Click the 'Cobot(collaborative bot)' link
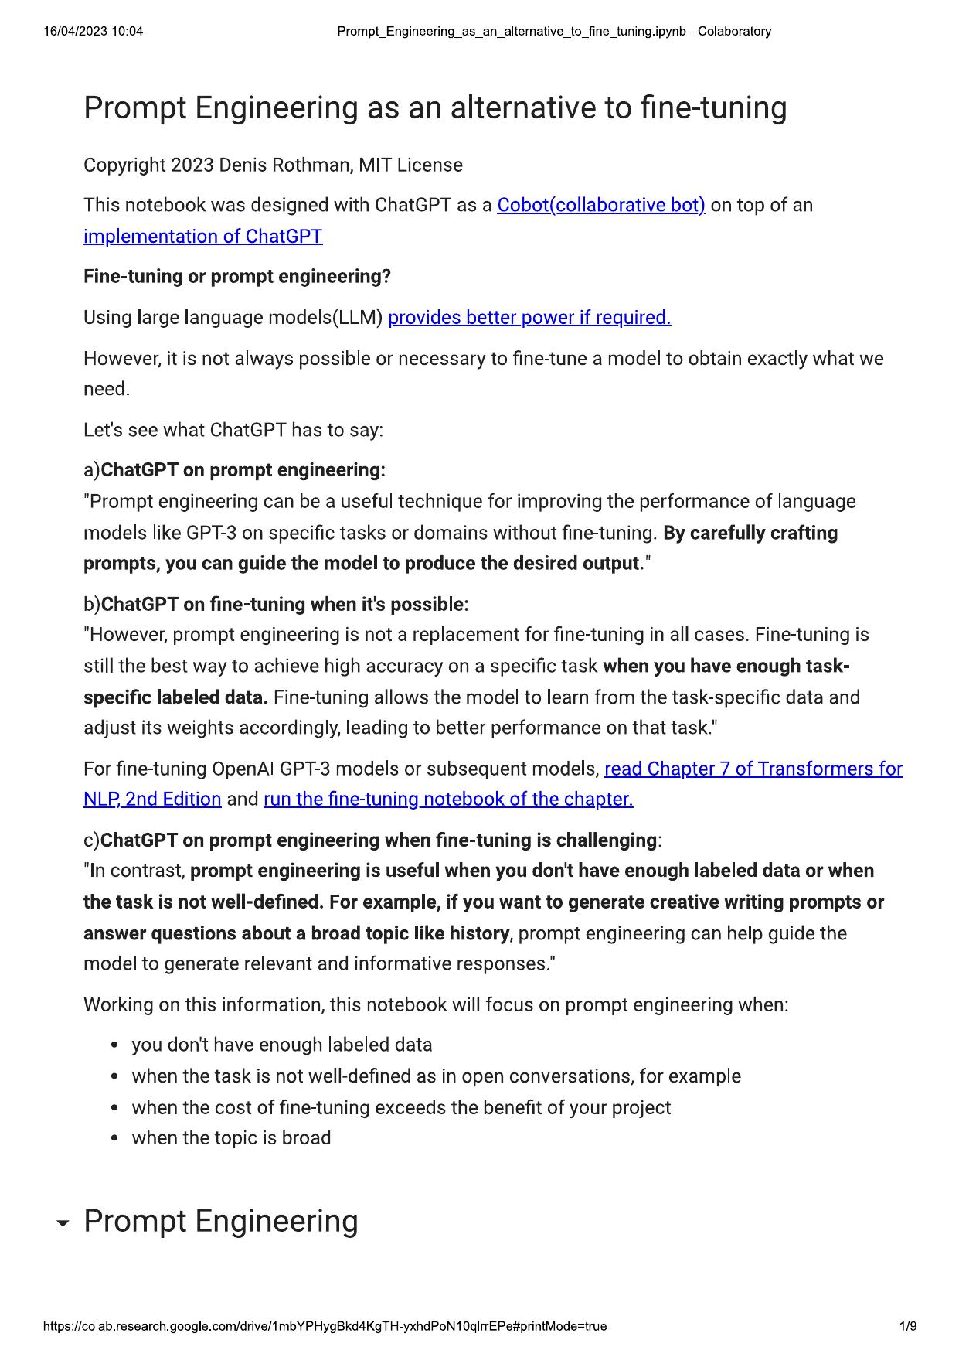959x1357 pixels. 600,206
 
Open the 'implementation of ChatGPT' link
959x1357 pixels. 202,237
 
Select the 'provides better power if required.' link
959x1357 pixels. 529,318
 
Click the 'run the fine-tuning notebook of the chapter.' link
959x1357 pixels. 448,800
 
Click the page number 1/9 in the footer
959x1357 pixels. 908,1327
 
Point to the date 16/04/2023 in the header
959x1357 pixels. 76,32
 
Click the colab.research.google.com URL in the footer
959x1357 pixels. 325,1327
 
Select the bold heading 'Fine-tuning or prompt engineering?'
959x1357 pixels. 237,277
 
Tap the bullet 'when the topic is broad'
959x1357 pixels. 231,1138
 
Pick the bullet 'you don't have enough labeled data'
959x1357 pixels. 282,1045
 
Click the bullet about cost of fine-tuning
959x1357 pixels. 401,1108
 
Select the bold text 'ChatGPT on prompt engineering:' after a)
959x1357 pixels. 243,470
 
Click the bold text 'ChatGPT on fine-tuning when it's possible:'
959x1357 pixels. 284,604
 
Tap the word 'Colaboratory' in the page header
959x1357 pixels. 734,32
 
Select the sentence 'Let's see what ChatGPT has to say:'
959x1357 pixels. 233,430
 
